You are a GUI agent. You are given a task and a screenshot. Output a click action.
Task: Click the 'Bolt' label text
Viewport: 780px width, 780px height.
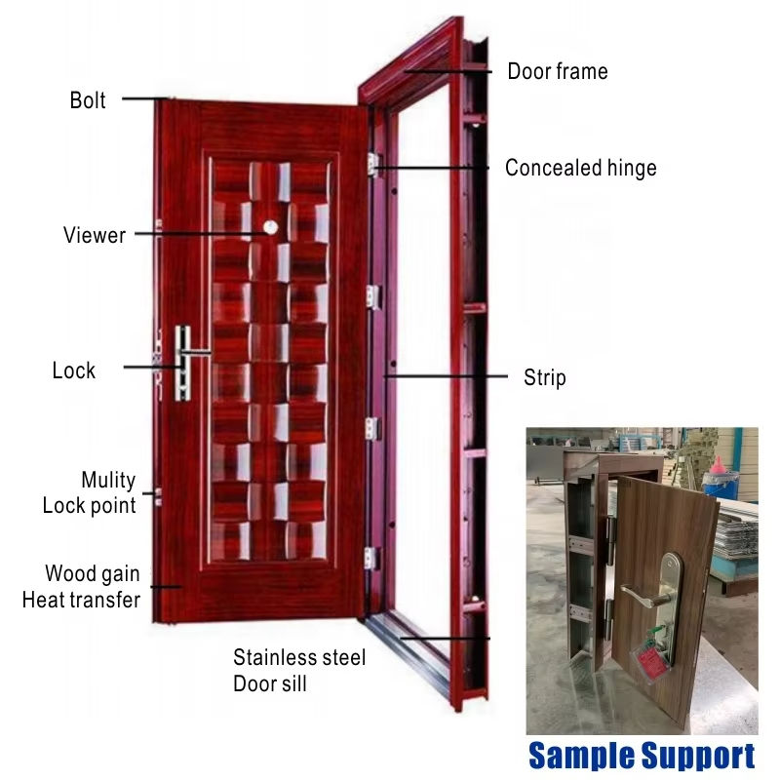point(88,99)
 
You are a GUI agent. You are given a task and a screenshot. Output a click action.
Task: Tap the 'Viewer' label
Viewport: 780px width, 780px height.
point(95,234)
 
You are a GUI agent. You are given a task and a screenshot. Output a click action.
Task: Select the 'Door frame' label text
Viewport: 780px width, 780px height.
point(557,71)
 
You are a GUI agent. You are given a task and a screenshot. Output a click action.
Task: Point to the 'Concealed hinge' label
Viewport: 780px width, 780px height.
point(580,168)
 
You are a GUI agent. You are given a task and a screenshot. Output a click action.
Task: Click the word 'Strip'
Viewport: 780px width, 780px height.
point(544,376)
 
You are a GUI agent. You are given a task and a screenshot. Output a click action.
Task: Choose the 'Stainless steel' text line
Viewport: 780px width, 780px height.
point(299,657)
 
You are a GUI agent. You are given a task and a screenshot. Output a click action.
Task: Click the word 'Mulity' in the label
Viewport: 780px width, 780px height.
point(107,481)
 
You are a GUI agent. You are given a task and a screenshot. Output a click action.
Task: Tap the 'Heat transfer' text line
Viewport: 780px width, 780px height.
point(81,599)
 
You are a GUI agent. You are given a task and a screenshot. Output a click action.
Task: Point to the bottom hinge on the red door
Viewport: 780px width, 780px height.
point(370,559)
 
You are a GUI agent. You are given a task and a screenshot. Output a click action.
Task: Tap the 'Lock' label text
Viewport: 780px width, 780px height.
point(74,370)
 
